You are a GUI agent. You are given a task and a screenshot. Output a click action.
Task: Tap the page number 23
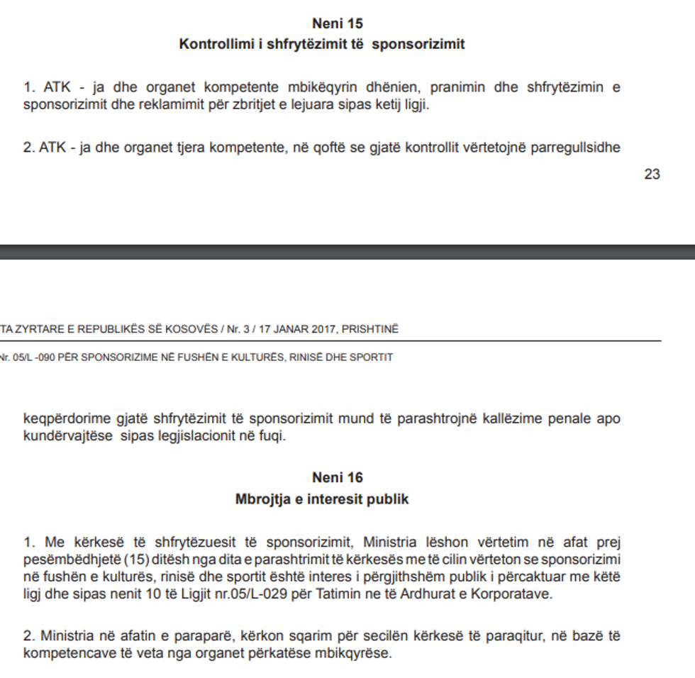(x=652, y=174)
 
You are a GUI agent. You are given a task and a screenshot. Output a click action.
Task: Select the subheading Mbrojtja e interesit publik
(x=322, y=499)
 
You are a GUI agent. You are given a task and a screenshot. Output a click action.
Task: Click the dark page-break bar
(x=347, y=252)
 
